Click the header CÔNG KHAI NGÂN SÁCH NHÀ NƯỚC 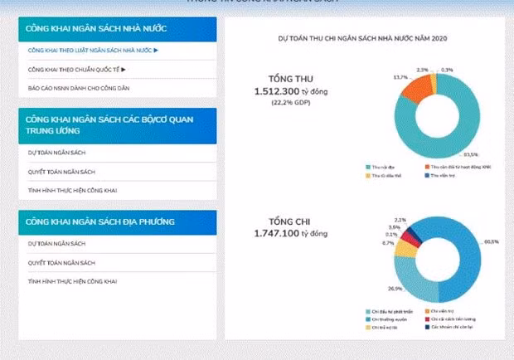pyautogui.click(x=97, y=29)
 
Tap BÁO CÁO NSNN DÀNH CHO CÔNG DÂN pyautogui.click(x=79, y=87)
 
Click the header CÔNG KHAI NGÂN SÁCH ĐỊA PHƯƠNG pyautogui.click(x=99, y=222)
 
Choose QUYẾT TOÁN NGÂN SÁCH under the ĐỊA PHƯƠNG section pyautogui.click(x=62, y=262)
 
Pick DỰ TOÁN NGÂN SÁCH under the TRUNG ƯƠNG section pyautogui.click(x=56, y=153)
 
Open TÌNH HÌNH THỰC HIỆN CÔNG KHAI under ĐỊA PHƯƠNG pyautogui.click(x=73, y=282)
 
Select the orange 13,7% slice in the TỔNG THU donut pyautogui.click(x=421, y=85)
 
